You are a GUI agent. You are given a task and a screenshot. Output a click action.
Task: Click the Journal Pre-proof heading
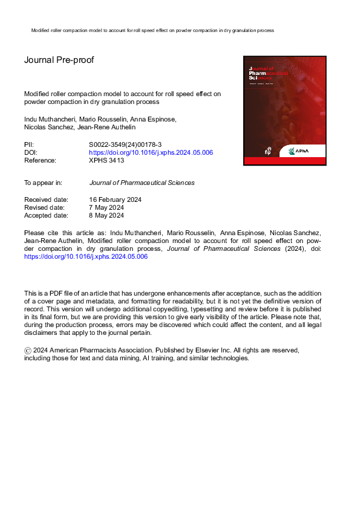(x=59, y=60)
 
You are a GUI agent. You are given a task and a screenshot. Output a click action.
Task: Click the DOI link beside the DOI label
(x=151, y=153)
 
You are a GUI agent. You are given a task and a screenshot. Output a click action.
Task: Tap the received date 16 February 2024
(x=115, y=199)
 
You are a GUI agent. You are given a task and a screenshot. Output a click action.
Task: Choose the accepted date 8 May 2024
(x=106, y=215)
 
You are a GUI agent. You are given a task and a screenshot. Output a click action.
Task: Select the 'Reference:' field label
(x=40, y=161)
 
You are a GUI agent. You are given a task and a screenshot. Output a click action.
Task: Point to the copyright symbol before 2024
(x=27, y=351)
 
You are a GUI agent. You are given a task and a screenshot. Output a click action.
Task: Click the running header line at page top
(x=152, y=30)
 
